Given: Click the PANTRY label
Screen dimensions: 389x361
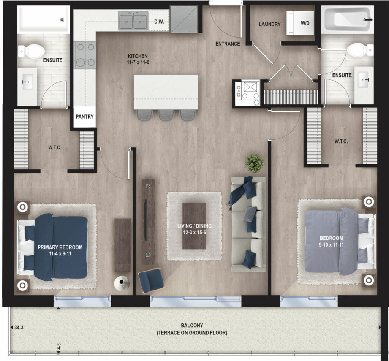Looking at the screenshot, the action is (85, 116).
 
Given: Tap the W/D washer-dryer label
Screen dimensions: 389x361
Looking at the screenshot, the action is (305, 23).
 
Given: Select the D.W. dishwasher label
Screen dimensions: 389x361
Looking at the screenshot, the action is (159, 22).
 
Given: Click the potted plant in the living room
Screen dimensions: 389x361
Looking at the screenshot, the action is (255, 163).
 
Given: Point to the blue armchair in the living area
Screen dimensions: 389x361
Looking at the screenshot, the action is (151, 280).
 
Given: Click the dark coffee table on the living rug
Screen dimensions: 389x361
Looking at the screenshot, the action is (194, 226).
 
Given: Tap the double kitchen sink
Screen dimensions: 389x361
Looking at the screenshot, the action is (133, 21).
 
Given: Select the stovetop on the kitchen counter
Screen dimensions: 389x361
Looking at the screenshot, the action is (85, 55).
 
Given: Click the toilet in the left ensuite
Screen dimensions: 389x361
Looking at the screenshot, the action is (31, 51).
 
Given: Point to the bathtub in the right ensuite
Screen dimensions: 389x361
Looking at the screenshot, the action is (347, 19).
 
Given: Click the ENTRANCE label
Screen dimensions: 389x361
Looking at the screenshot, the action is (228, 44).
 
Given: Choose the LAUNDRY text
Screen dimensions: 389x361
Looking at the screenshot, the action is (269, 24).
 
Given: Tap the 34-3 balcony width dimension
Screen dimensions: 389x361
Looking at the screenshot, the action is (19, 328).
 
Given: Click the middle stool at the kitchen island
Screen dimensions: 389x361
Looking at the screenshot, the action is (166, 115).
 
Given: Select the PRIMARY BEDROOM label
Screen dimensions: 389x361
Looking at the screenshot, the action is (60, 247).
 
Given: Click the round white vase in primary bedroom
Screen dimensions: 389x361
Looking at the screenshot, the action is (122, 283).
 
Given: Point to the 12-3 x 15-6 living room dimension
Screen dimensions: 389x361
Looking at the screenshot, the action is (194, 233).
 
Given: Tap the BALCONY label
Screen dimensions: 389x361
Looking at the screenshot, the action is (192, 325).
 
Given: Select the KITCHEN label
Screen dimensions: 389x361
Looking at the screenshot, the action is (138, 56).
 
